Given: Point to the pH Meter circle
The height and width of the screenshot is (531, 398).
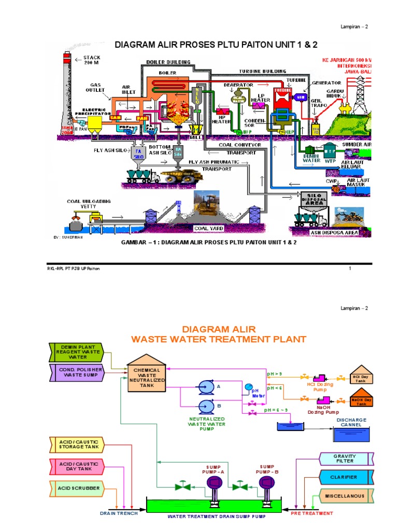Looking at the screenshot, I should coord(248,387).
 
